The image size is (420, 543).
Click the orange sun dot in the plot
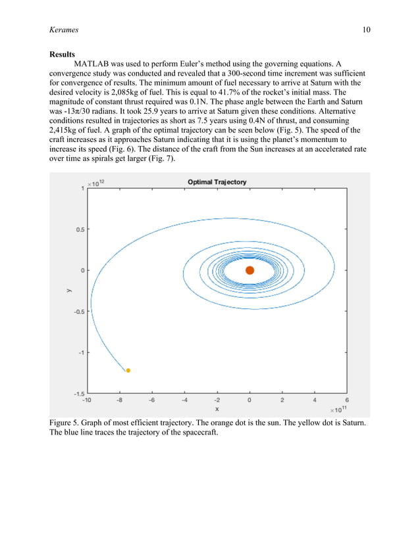pos(249,270)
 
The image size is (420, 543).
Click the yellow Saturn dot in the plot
pos(128,370)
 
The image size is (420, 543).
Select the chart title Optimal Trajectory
pos(217,182)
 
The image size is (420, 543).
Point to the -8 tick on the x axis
pos(118,399)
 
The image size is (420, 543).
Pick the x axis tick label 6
pos(346,399)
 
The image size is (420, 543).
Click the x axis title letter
pos(217,408)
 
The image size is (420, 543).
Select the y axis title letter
pos(68,291)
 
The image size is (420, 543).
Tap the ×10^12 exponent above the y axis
pos(97,183)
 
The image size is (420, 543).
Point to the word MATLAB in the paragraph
pos(94,64)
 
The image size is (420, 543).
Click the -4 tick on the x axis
pos(184,399)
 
